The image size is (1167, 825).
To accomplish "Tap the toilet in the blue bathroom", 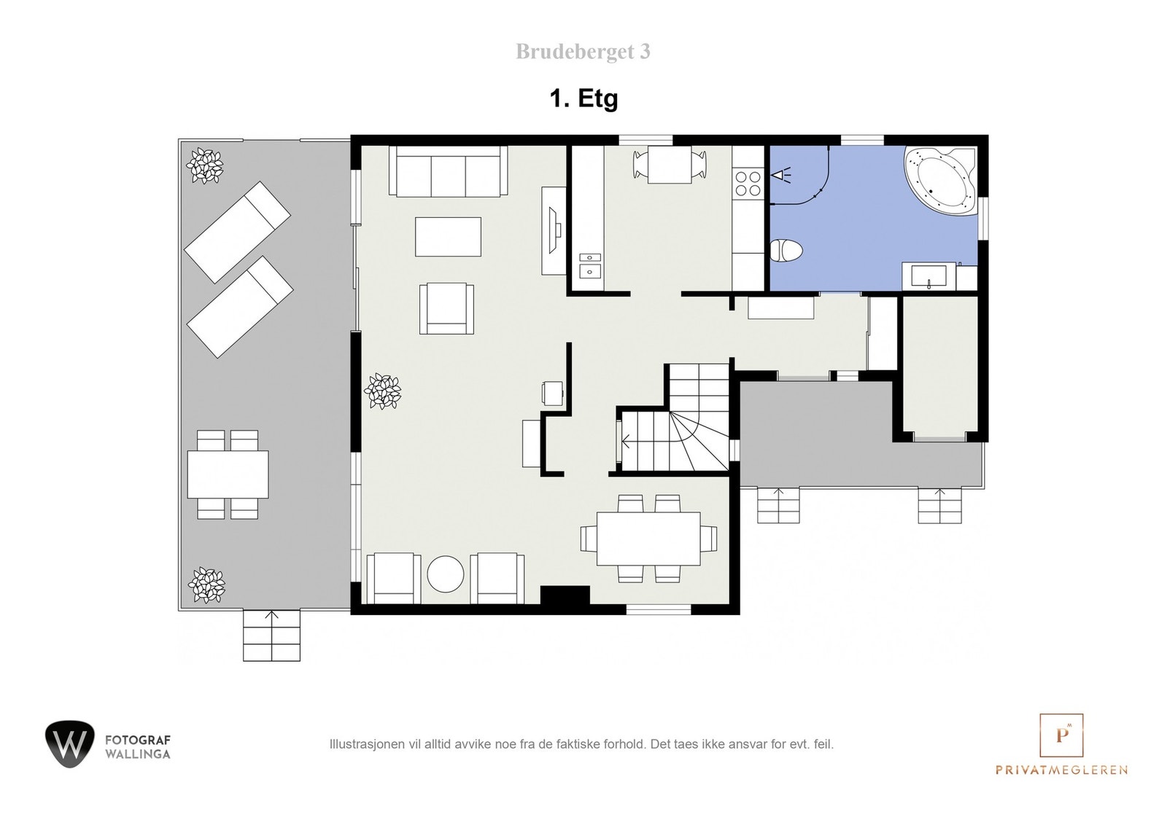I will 786,251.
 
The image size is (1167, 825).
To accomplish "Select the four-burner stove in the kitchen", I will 747,183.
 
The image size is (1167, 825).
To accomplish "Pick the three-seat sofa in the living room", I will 448,172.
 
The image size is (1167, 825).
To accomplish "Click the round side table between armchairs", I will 445,574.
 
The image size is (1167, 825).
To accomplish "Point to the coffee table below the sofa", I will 448,237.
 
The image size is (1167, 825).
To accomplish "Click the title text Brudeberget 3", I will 583,52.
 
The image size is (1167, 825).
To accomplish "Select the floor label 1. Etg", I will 583,98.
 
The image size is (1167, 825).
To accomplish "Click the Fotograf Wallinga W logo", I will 69,743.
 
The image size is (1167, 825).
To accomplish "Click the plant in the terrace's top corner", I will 205,165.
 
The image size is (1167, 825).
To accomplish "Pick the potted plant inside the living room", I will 382,391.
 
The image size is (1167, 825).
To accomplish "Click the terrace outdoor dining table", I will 228,474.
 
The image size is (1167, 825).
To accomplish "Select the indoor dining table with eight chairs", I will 648,538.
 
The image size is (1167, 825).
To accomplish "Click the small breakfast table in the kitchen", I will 670,165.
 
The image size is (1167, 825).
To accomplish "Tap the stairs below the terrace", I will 271,635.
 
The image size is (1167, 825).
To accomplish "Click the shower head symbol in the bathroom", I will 781,175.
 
